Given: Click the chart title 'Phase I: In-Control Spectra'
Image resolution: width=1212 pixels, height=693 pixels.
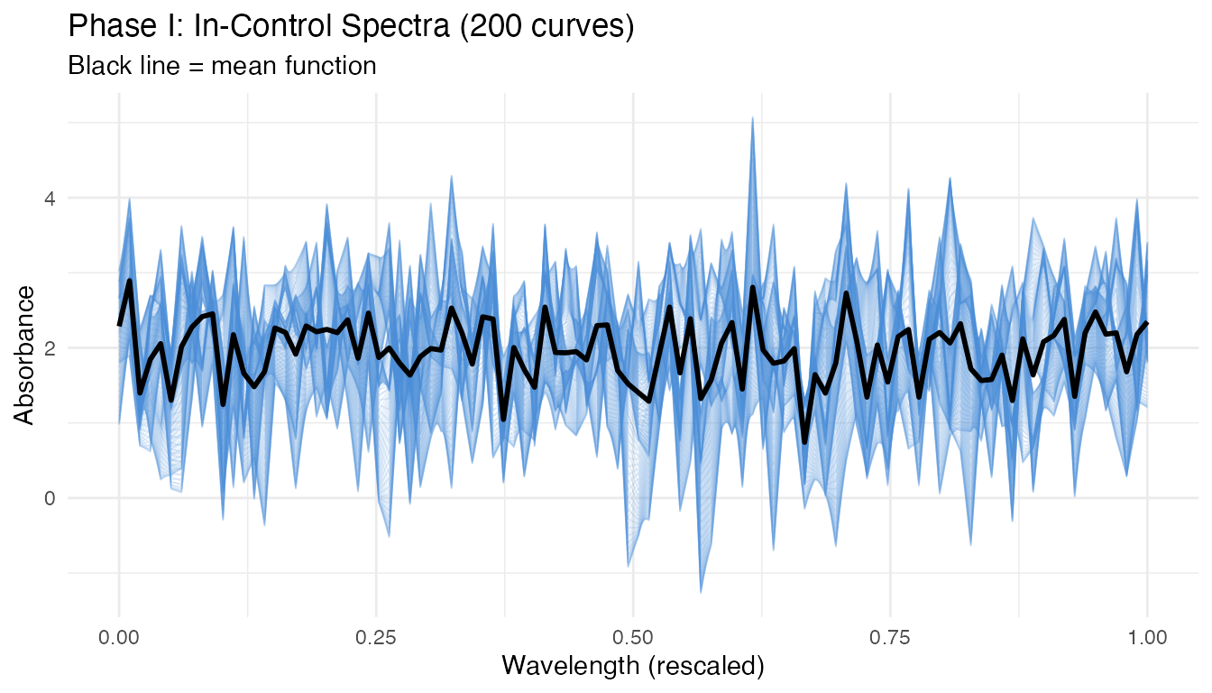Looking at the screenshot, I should pyautogui.click(x=352, y=27).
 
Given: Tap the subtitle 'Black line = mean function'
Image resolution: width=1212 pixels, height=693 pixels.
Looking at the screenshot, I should pyautogui.click(x=222, y=66).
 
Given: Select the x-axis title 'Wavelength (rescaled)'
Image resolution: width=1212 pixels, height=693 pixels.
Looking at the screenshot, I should pyautogui.click(x=633, y=666).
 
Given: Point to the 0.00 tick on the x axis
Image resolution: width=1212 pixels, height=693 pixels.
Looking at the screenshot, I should pyautogui.click(x=119, y=636).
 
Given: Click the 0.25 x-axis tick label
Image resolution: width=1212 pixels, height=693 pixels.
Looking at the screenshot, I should pyautogui.click(x=376, y=636).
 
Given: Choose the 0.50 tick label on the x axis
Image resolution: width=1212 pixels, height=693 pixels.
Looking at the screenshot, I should pyautogui.click(x=633, y=636).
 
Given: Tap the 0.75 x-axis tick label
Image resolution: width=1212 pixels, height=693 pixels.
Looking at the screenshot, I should pyautogui.click(x=890, y=636).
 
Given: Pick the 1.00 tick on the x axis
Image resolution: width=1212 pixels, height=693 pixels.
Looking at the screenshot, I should pyautogui.click(x=1147, y=636).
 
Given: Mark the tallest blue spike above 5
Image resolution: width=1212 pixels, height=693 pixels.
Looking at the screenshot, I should pyautogui.click(x=752, y=118).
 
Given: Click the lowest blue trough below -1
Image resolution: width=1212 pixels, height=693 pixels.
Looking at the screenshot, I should pyautogui.click(x=701, y=591).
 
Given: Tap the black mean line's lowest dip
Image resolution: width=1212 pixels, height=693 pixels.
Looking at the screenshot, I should pyautogui.click(x=804, y=441).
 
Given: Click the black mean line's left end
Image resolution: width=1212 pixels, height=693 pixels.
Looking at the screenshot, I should pyautogui.click(x=119, y=325).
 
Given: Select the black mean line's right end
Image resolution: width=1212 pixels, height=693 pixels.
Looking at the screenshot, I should pyautogui.click(x=1147, y=322).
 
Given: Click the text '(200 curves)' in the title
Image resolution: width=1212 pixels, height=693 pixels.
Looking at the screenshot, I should pyautogui.click(x=546, y=27).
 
